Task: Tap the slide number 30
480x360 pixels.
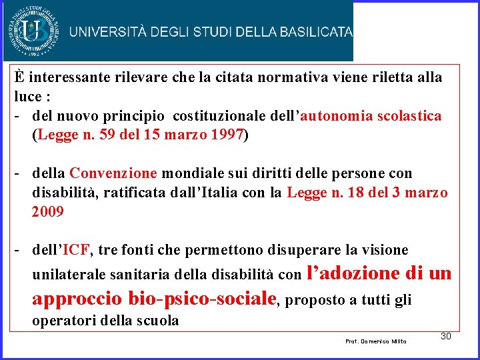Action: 446,335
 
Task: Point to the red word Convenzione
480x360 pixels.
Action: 113,173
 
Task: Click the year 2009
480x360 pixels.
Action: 47,212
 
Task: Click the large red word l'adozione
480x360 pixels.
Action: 352,273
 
